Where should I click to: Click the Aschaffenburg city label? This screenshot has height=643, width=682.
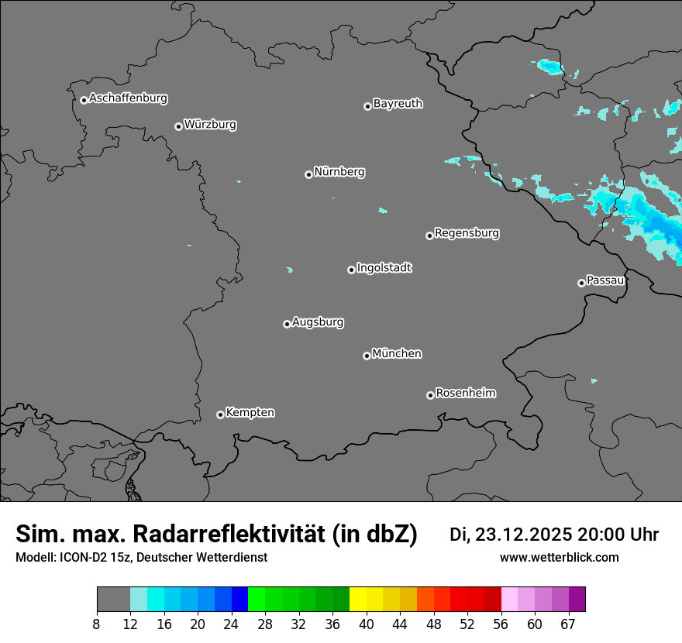click(128, 98)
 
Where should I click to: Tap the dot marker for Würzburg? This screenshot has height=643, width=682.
click(178, 126)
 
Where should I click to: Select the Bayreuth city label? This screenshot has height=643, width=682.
click(398, 103)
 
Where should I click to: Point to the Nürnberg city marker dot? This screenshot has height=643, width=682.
click(308, 174)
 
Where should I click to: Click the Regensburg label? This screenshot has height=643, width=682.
click(467, 232)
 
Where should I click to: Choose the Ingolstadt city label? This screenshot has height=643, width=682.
click(384, 268)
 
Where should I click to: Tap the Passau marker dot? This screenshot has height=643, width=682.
click(581, 283)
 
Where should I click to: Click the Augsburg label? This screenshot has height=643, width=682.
click(318, 321)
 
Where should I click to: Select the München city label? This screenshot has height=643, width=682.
click(397, 353)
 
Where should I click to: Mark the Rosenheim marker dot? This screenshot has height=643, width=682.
click(430, 396)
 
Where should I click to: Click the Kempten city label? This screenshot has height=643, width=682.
click(250, 412)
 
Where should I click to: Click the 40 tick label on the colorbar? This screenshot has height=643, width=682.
click(367, 624)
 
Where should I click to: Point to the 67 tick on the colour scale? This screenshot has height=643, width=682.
click(568, 624)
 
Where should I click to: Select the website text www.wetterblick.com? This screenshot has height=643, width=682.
click(559, 558)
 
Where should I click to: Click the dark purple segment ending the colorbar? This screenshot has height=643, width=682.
click(577, 600)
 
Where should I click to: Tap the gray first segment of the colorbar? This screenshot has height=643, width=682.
click(113, 600)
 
